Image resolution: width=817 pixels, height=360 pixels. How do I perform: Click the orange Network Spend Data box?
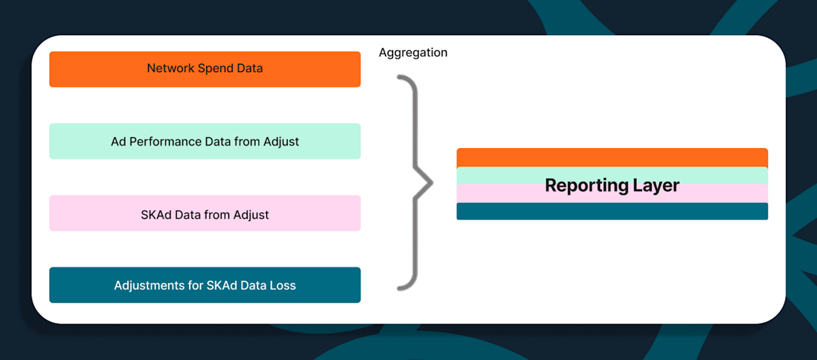pyautogui.click(x=205, y=69)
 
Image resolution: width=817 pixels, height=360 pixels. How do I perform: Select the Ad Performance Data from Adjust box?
pyautogui.click(x=205, y=141)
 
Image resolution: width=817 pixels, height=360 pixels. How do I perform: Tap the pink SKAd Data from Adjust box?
pyautogui.click(x=205, y=214)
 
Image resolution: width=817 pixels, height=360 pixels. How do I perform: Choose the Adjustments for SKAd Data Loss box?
pyautogui.click(x=205, y=285)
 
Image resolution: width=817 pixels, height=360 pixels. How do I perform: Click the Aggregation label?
pyautogui.click(x=413, y=53)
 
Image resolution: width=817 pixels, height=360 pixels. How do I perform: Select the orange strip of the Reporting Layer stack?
pyautogui.click(x=611, y=156)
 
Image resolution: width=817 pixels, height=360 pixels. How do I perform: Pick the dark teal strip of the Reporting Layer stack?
pyautogui.click(x=611, y=212)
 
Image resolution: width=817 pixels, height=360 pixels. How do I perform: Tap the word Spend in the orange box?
pyautogui.click(x=215, y=68)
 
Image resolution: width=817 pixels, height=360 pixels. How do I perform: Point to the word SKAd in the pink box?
pyautogui.click(x=155, y=214)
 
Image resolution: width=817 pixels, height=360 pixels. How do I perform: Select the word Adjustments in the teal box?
pyautogui.click(x=149, y=285)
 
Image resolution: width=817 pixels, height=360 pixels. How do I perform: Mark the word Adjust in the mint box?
pyautogui.click(x=281, y=142)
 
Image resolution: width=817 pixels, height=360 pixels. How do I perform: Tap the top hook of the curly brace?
pyautogui.click(x=402, y=80)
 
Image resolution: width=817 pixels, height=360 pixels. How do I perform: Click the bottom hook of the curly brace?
pyautogui.click(x=402, y=287)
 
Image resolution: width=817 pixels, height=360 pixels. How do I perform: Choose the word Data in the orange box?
pyautogui.click(x=250, y=68)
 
